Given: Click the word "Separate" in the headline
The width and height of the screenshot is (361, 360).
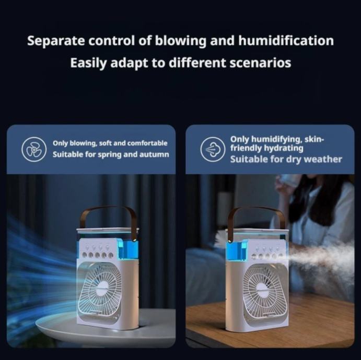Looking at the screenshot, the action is (x=56, y=41).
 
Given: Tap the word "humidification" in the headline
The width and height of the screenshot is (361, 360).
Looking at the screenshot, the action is (x=286, y=41).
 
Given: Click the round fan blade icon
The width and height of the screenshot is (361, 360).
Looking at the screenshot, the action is (x=34, y=149).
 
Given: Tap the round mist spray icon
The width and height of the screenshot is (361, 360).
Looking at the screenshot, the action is (x=213, y=149).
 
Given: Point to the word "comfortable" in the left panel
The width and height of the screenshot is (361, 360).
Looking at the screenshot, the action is (x=147, y=143).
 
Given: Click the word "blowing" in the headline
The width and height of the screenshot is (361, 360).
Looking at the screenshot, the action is (x=180, y=41).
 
